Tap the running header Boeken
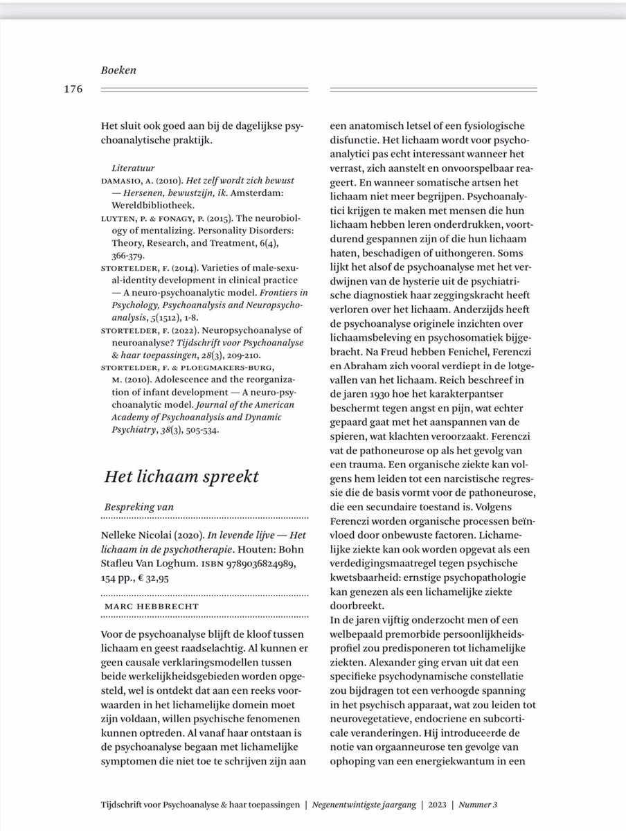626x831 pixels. point(117,70)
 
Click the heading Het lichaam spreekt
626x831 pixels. point(181,476)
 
